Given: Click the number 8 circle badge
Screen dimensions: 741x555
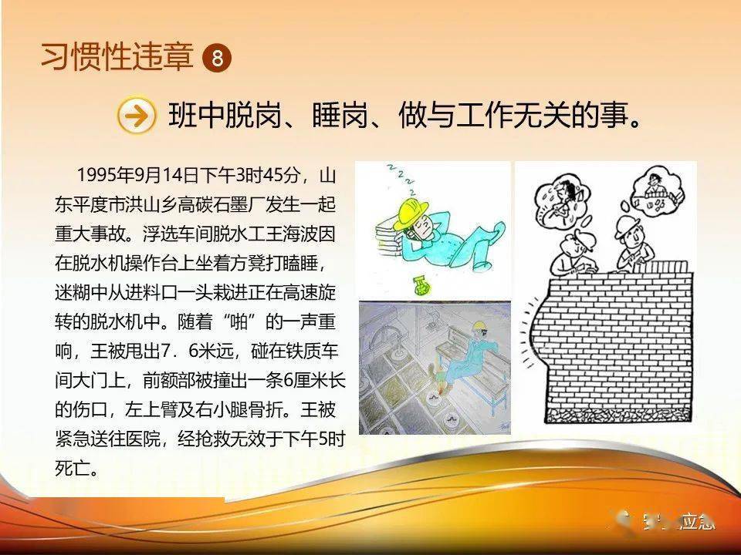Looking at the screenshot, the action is (216, 59).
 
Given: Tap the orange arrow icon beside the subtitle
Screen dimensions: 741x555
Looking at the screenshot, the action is (136, 115).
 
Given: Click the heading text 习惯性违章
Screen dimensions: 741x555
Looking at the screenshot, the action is (117, 57).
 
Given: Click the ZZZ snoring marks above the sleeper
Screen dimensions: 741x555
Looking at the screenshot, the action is (401, 180).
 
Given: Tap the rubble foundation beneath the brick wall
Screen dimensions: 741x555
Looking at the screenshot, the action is (617, 415).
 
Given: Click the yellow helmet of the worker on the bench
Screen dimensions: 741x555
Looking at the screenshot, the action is (480, 325).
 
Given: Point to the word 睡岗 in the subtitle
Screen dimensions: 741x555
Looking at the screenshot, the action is (340, 115).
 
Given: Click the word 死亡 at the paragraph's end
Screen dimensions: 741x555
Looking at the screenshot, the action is (72, 468).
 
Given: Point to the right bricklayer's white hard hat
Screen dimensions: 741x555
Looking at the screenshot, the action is (627, 225).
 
